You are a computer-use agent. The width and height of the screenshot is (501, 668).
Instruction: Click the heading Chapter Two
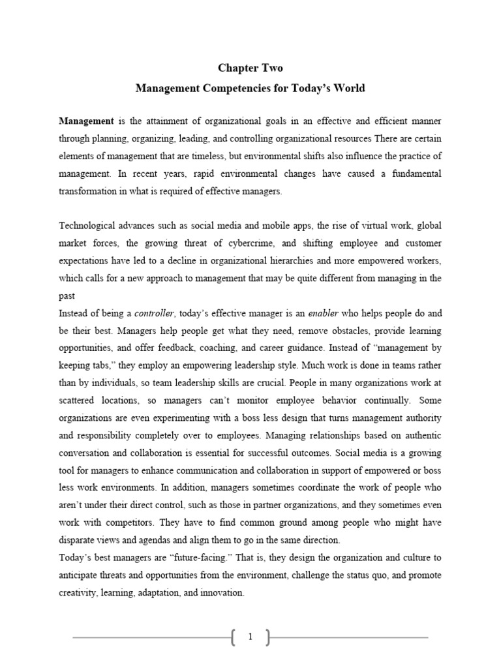click(250, 68)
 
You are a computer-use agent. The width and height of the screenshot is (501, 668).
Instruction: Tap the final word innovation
click(220, 593)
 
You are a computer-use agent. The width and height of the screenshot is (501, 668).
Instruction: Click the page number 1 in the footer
click(250, 637)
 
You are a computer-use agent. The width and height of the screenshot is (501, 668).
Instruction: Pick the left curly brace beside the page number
click(233, 637)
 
